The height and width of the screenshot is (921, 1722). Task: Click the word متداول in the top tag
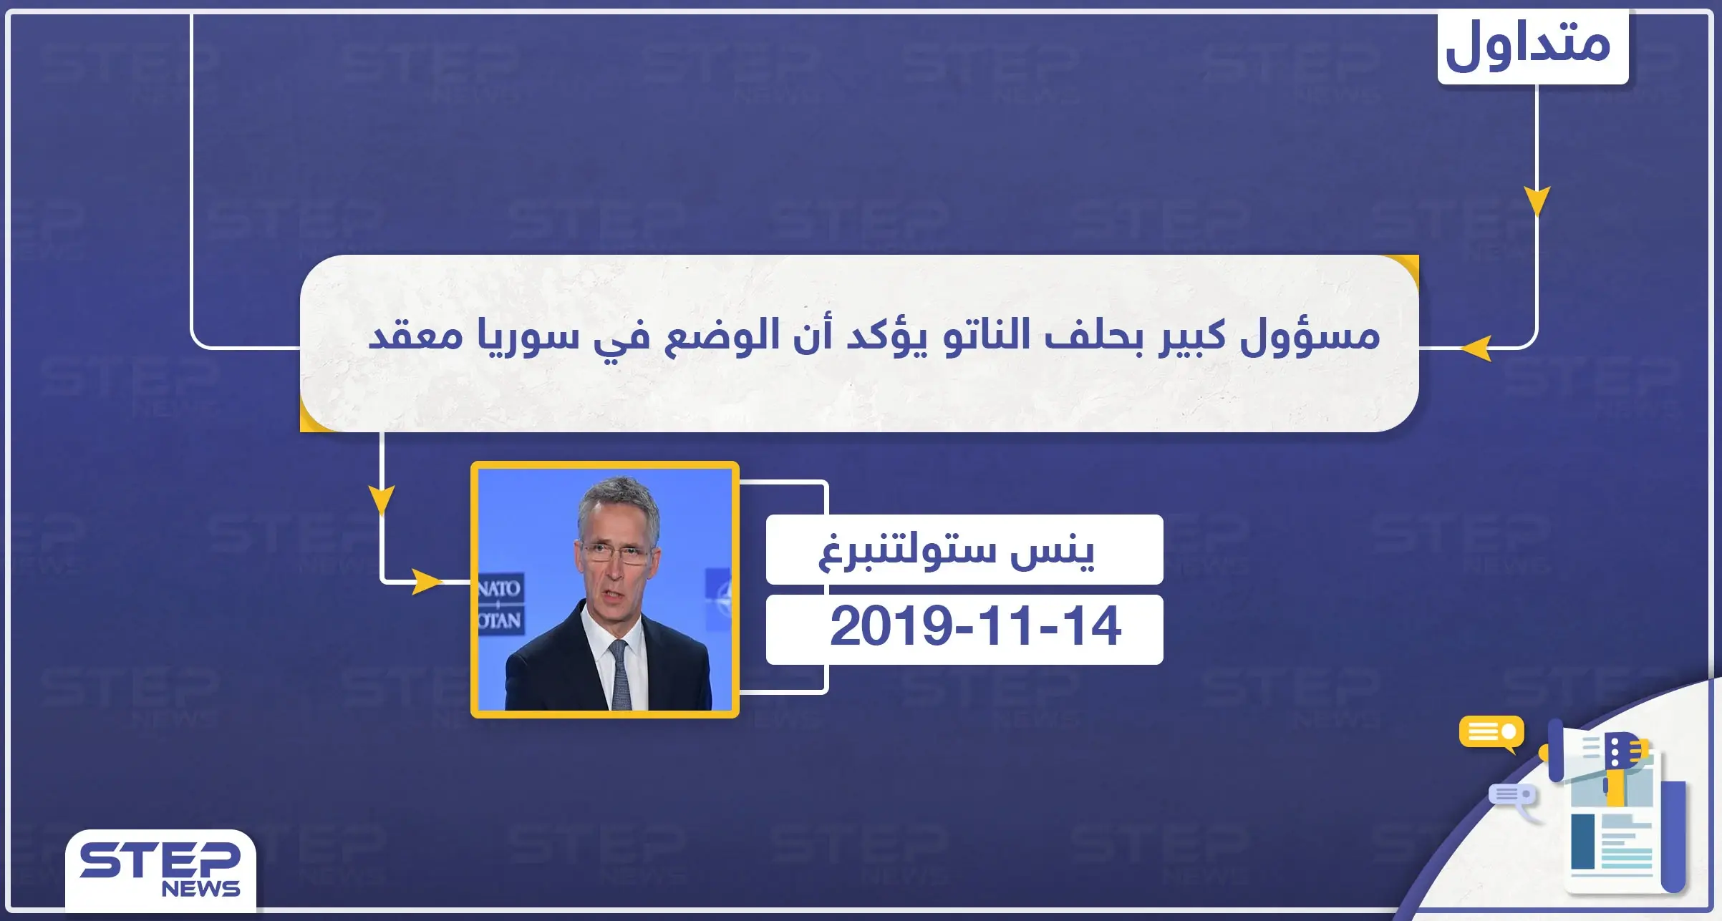click(x=1529, y=44)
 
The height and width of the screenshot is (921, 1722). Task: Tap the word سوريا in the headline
click(x=528, y=335)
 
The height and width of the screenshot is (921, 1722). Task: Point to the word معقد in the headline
click(x=415, y=335)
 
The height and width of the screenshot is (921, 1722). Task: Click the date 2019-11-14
click(x=974, y=627)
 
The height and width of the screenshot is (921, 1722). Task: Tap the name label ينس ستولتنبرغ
click(x=957, y=550)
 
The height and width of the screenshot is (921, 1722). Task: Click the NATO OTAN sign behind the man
click(x=499, y=603)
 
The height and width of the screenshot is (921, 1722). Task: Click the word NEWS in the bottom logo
click(x=200, y=889)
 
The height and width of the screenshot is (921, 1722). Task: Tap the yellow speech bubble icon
click(x=1491, y=732)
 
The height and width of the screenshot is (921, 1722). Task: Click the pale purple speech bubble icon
click(x=1513, y=796)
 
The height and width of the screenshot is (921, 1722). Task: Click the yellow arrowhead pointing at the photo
click(x=427, y=582)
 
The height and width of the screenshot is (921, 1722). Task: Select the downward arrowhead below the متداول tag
click(x=1537, y=200)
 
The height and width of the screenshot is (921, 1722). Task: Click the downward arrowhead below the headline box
click(x=382, y=499)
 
